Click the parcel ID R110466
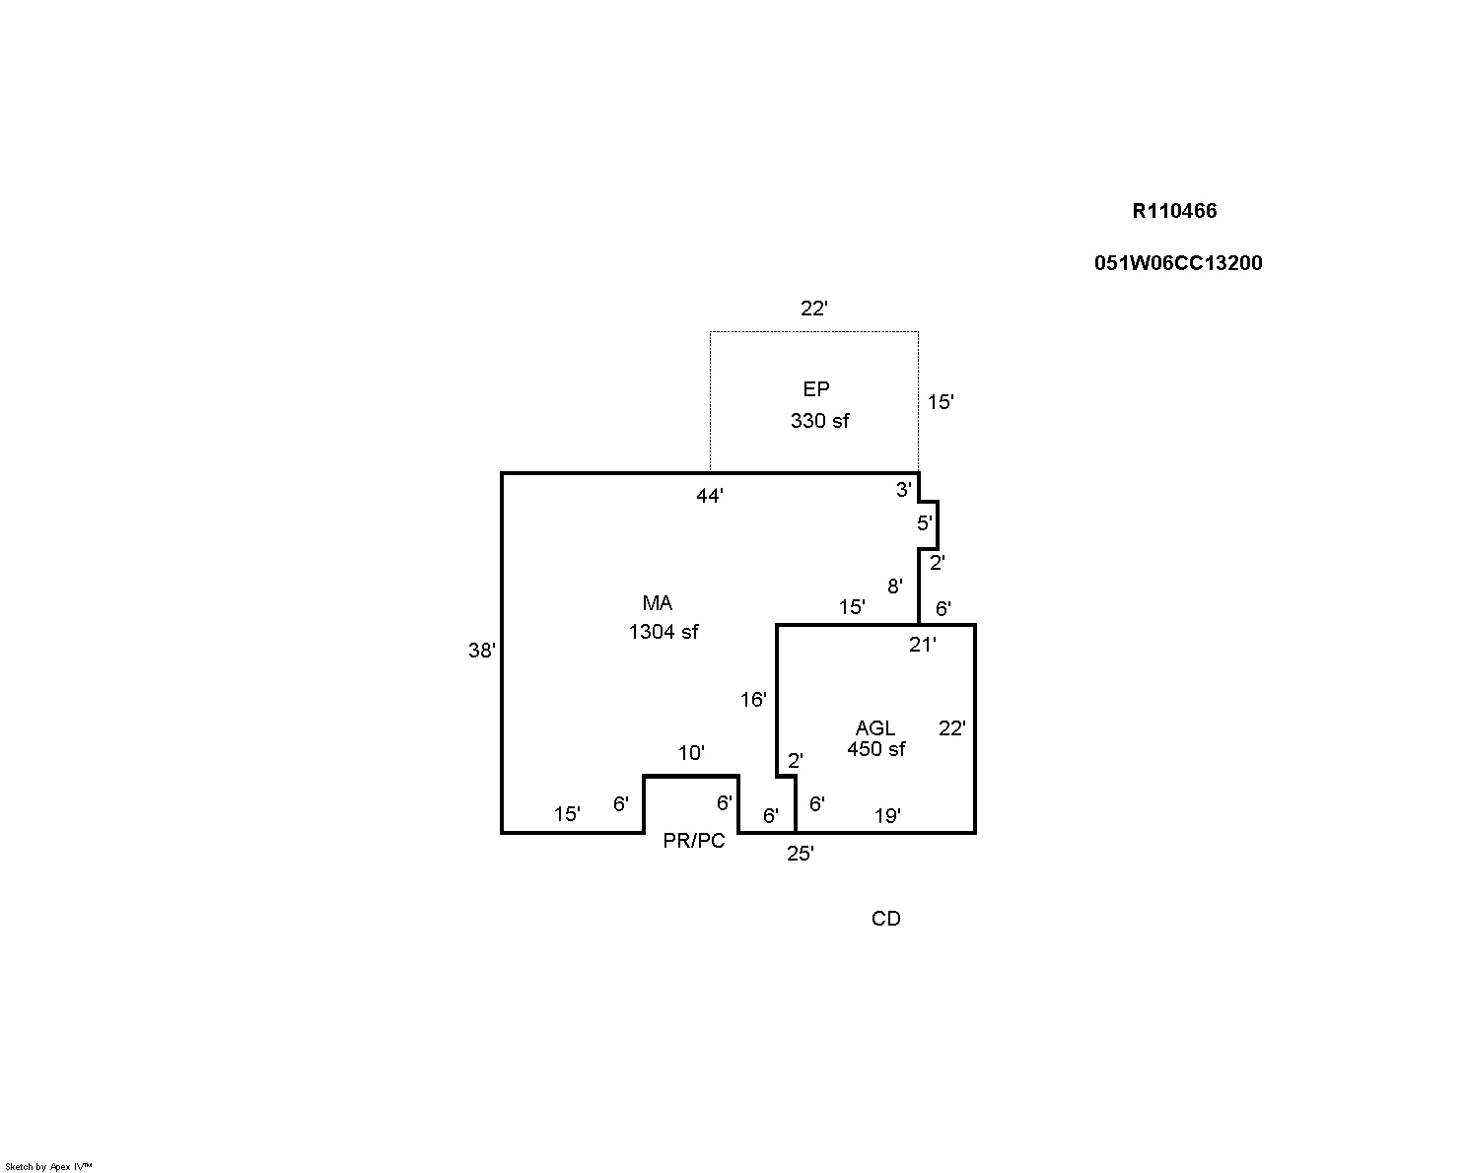click(x=1174, y=211)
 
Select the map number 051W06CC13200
click(x=1177, y=263)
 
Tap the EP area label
click(x=816, y=389)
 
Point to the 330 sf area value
click(x=819, y=421)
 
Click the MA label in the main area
click(x=658, y=603)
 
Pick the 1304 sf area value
click(x=664, y=632)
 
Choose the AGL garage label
click(x=875, y=727)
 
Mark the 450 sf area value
click(x=876, y=749)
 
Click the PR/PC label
click(x=694, y=841)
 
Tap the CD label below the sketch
click(x=885, y=919)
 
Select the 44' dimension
click(x=710, y=497)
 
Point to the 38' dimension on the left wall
click(x=482, y=651)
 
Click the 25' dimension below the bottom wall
click(x=801, y=855)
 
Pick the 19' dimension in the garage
click(x=887, y=816)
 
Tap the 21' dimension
click(x=923, y=646)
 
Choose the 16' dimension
click(x=753, y=700)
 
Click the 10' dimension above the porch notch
click(x=691, y=754)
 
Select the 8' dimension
click(x=895, y=586)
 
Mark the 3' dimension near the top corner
click(x=904, y=490)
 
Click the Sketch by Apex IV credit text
click(x=48, y=1166)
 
